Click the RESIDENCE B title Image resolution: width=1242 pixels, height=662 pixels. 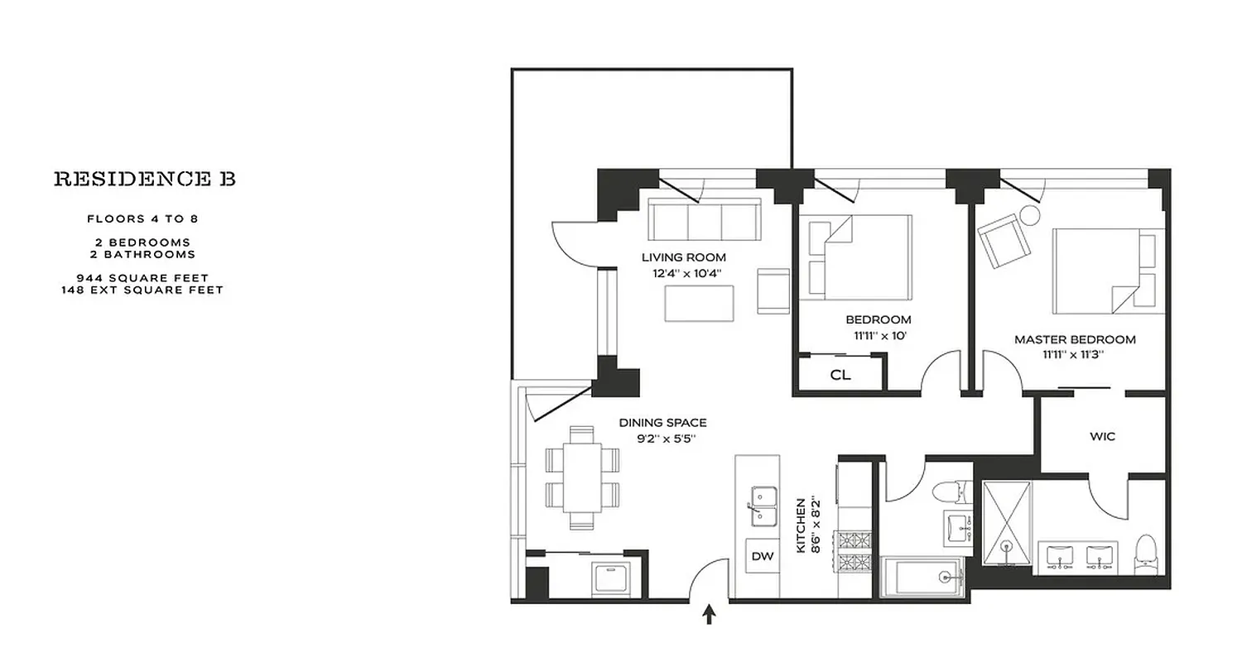coord(145,179)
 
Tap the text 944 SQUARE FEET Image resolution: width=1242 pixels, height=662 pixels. coord(142,278)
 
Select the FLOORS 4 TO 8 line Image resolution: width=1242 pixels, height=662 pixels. coord(142,219)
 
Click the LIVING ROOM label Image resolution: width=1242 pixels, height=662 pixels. coord(683,257)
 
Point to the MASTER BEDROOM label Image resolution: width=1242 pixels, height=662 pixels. coord(1075,339)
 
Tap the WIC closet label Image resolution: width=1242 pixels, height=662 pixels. coord(1102,435)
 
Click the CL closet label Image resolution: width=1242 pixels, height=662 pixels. coord(840,375)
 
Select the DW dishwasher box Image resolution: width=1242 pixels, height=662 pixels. coord(762,557)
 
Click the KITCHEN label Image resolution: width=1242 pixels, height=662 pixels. coord(801,525)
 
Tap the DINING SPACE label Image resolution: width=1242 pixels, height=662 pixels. coord(662,423)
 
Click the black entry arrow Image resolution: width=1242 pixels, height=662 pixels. coord(709,615)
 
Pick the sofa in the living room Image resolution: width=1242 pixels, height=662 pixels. coord(705,220)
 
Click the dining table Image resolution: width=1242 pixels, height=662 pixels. coord(582,477)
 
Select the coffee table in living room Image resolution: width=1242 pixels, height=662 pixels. coord(699,303)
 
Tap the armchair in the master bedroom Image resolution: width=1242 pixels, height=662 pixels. coord(1004,239)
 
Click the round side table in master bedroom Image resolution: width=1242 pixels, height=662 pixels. coord(1030,215)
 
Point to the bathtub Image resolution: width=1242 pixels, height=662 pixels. coord(922,577)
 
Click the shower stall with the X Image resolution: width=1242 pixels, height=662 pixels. coord(1008,523)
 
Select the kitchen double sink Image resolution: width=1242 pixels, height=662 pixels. coord(762,506)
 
